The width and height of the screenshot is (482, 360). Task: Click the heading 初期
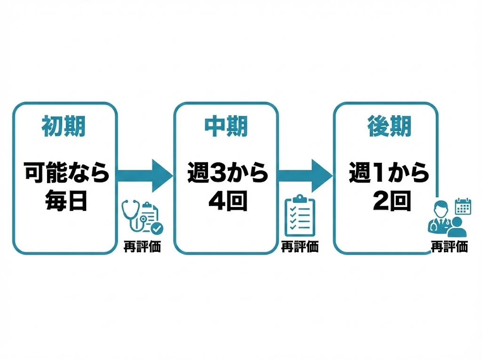tap(64, 126)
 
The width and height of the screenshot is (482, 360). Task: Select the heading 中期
tap(226, 126)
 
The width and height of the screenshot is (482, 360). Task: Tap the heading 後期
tap(389, 126)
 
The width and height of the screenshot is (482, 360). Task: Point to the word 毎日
tap(66, 201)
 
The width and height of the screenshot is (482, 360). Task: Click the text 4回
tap(228, 201)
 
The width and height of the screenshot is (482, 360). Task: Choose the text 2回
tap(392, 201)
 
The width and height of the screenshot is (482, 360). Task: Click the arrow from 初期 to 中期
tap(145, 176)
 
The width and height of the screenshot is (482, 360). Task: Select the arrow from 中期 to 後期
tap(305, 176)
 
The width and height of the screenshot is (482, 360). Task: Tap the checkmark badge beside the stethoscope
tap(157, 228)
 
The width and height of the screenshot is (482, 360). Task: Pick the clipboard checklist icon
tap(300, 216)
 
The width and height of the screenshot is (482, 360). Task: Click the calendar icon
tap(463, 206)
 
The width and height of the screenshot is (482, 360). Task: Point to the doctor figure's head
tap(441, 209)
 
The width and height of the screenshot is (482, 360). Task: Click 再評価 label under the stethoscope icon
tap(142, 246)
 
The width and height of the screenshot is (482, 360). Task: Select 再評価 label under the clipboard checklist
tap(300, 246)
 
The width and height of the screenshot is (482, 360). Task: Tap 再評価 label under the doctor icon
tap(450, 246)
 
